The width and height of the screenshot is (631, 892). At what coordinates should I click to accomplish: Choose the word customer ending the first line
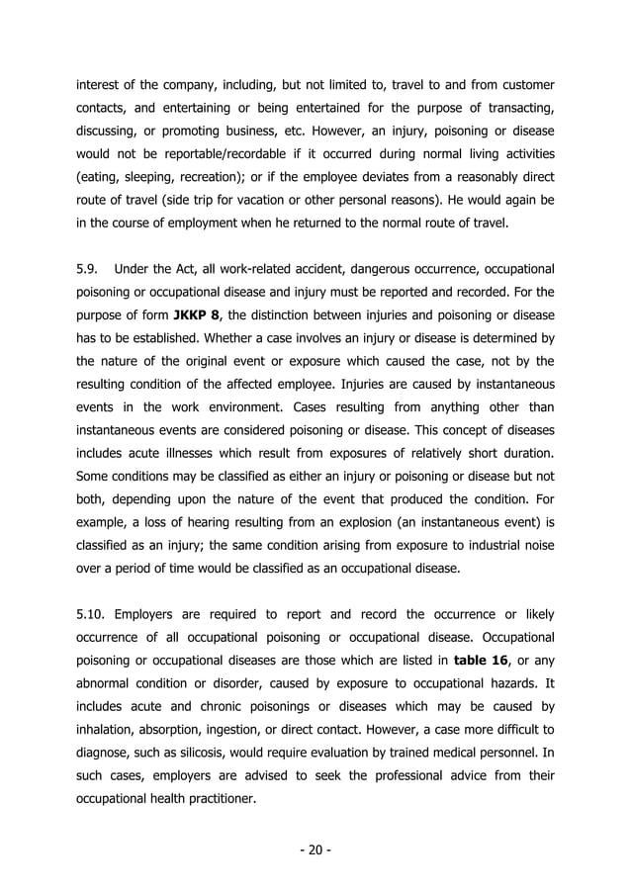522,86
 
